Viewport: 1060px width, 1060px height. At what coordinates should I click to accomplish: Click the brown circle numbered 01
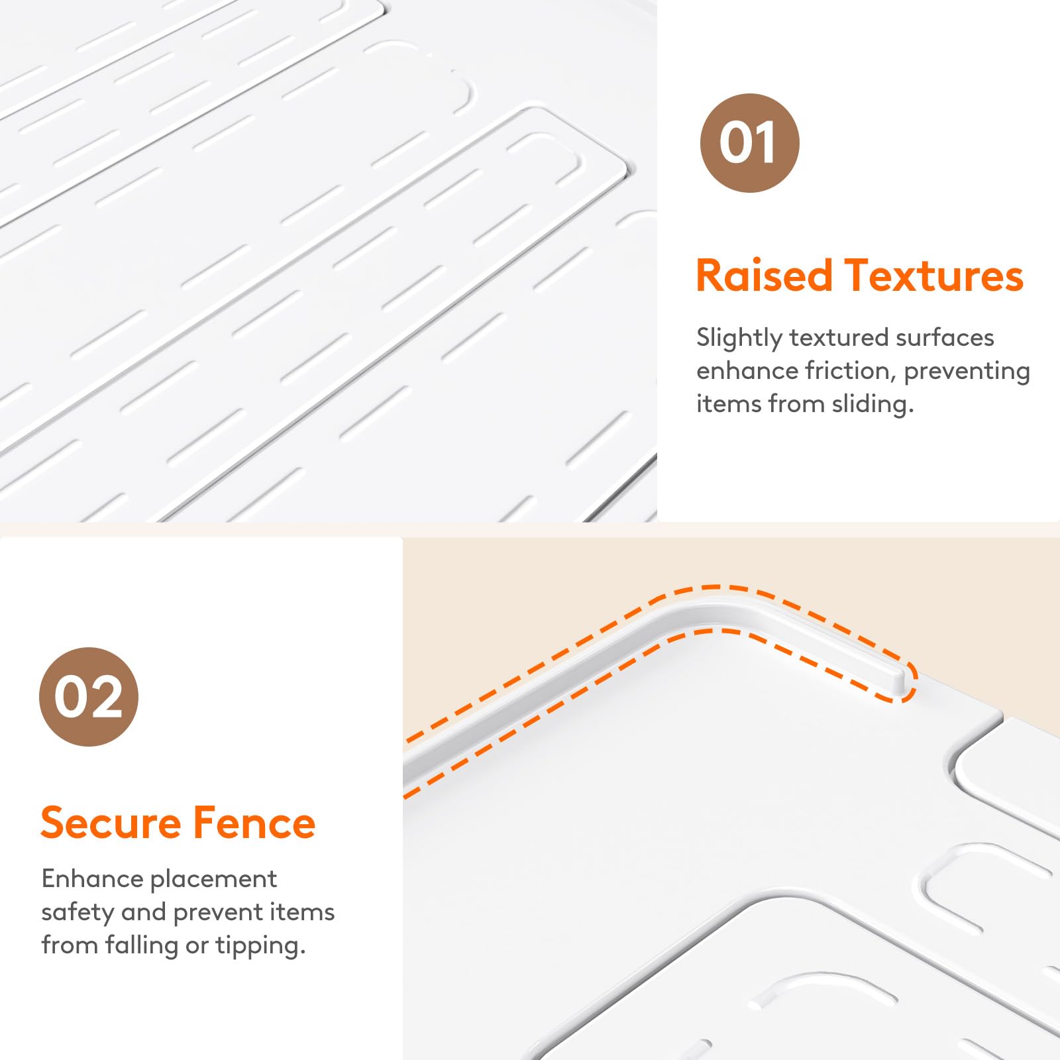coord(749,143)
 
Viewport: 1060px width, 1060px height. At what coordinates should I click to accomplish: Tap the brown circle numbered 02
coord(89,697)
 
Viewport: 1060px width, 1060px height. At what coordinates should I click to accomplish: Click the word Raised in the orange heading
coord(764,276)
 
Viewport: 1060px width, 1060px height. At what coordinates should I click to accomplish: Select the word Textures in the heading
coord(933,276)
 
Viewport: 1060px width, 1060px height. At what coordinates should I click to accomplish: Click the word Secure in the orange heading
coord(111,823)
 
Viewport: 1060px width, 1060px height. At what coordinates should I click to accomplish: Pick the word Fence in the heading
coord(254,823)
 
